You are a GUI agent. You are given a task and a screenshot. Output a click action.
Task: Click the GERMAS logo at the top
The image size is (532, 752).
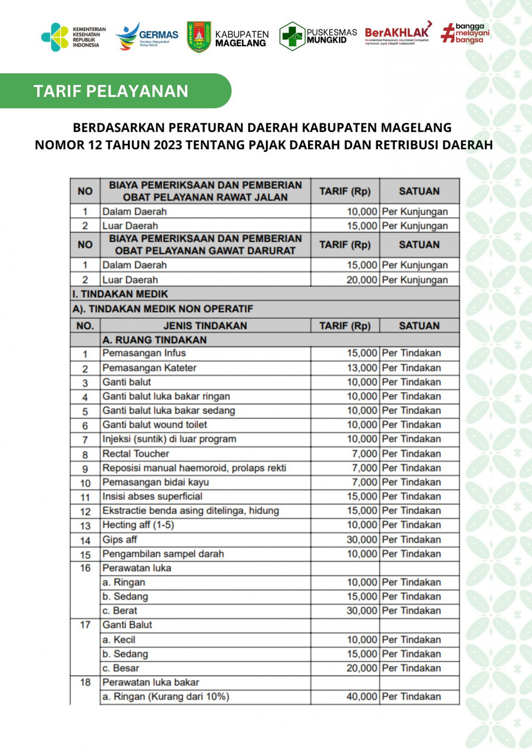(147, 36)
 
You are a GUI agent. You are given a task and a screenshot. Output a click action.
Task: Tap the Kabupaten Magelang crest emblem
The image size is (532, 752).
(199, 37)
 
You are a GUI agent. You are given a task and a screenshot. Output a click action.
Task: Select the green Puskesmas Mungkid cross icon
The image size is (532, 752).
(292, 36)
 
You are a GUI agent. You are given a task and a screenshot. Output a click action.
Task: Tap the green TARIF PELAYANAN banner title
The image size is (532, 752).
(111, 91)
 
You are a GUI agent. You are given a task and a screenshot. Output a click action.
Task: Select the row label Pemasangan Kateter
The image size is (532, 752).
(149, 368)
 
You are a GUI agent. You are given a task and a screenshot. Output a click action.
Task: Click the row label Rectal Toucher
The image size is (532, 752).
(136, 454)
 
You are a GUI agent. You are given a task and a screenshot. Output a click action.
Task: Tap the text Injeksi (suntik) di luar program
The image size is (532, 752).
(169, 439)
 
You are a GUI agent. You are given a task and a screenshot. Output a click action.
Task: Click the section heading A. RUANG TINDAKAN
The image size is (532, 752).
(154, 340)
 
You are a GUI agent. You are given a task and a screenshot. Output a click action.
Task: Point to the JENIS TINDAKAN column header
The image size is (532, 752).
(205, 326)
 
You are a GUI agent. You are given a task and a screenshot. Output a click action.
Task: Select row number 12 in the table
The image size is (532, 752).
(85, 511)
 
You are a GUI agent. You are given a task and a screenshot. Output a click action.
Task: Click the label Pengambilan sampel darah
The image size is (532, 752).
(163, 554)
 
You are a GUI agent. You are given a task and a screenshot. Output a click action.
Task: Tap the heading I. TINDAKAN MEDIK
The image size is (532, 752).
(120, 294)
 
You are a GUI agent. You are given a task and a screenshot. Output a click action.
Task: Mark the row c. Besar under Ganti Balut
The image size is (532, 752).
(121, 668)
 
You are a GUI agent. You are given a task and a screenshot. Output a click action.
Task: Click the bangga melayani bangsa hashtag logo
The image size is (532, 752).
(465, 33)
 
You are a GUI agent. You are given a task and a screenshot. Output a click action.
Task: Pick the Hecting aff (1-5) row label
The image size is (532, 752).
(138, 525)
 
